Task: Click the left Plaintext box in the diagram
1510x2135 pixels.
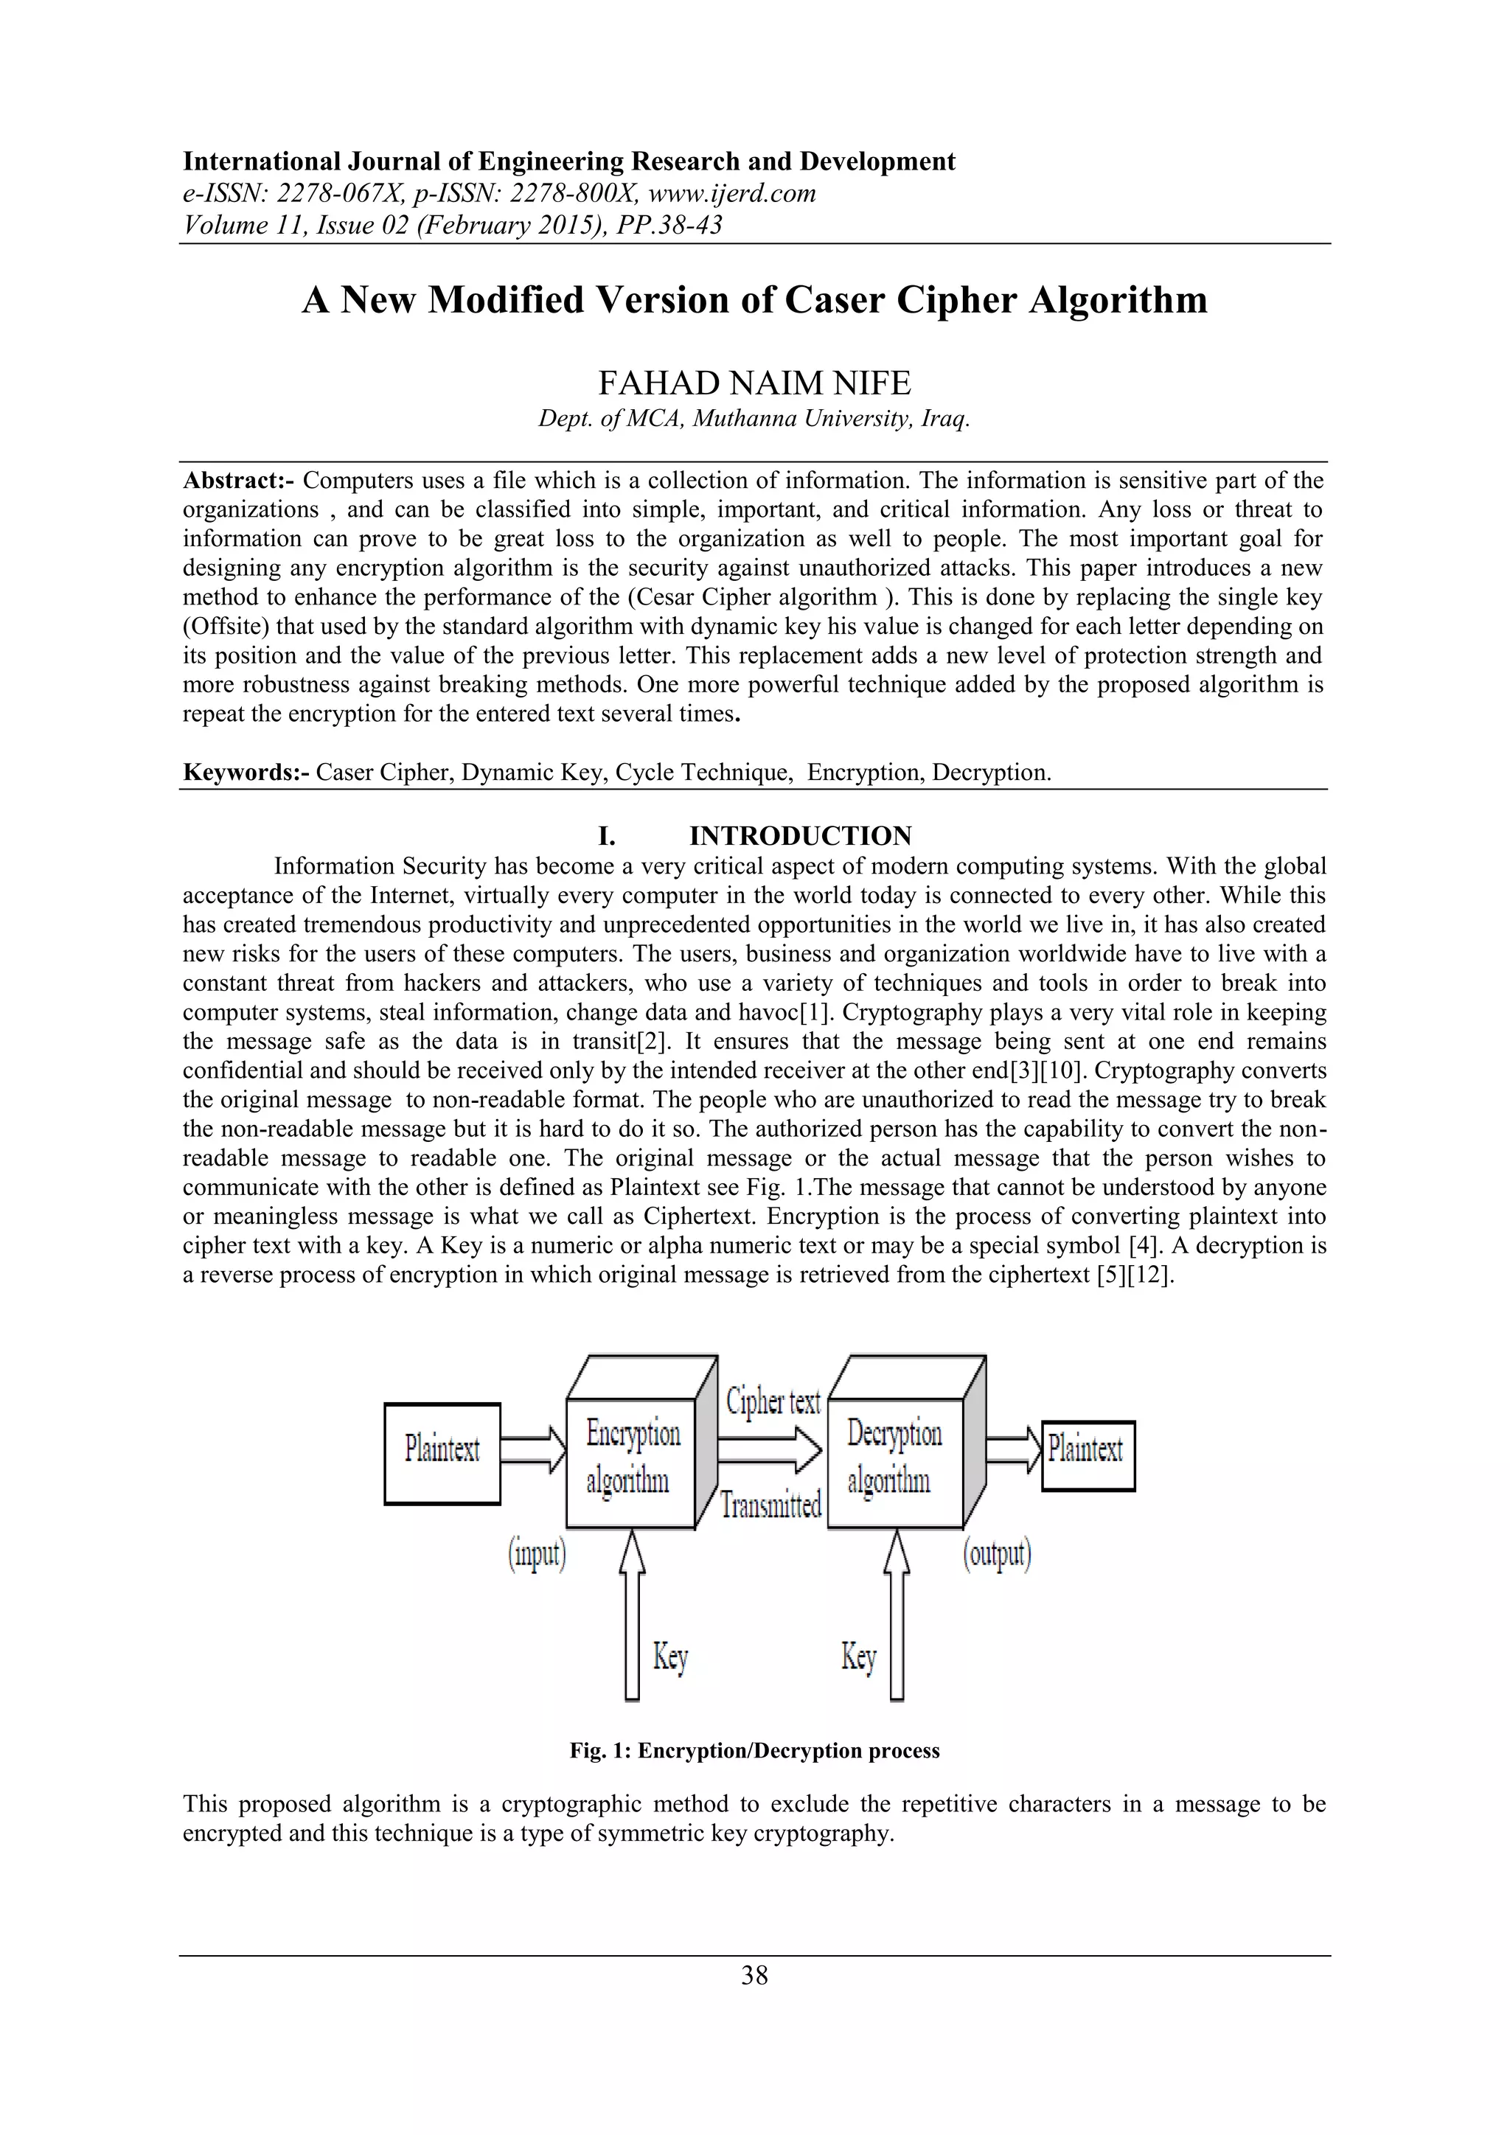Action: pos(442,1453)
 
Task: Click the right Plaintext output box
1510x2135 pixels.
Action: pos(1087,1455)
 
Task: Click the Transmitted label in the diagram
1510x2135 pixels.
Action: pos(770,1505)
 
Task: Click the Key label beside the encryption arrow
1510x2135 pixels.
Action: pos(669,1656)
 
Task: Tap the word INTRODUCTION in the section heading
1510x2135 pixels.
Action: pos(800,836)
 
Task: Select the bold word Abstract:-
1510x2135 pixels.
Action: pos(239,481)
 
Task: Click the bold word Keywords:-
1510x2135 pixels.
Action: pos(246,773)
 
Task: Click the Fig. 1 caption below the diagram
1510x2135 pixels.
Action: pos(754,1751)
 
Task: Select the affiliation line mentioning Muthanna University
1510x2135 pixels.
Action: pos(754,419)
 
